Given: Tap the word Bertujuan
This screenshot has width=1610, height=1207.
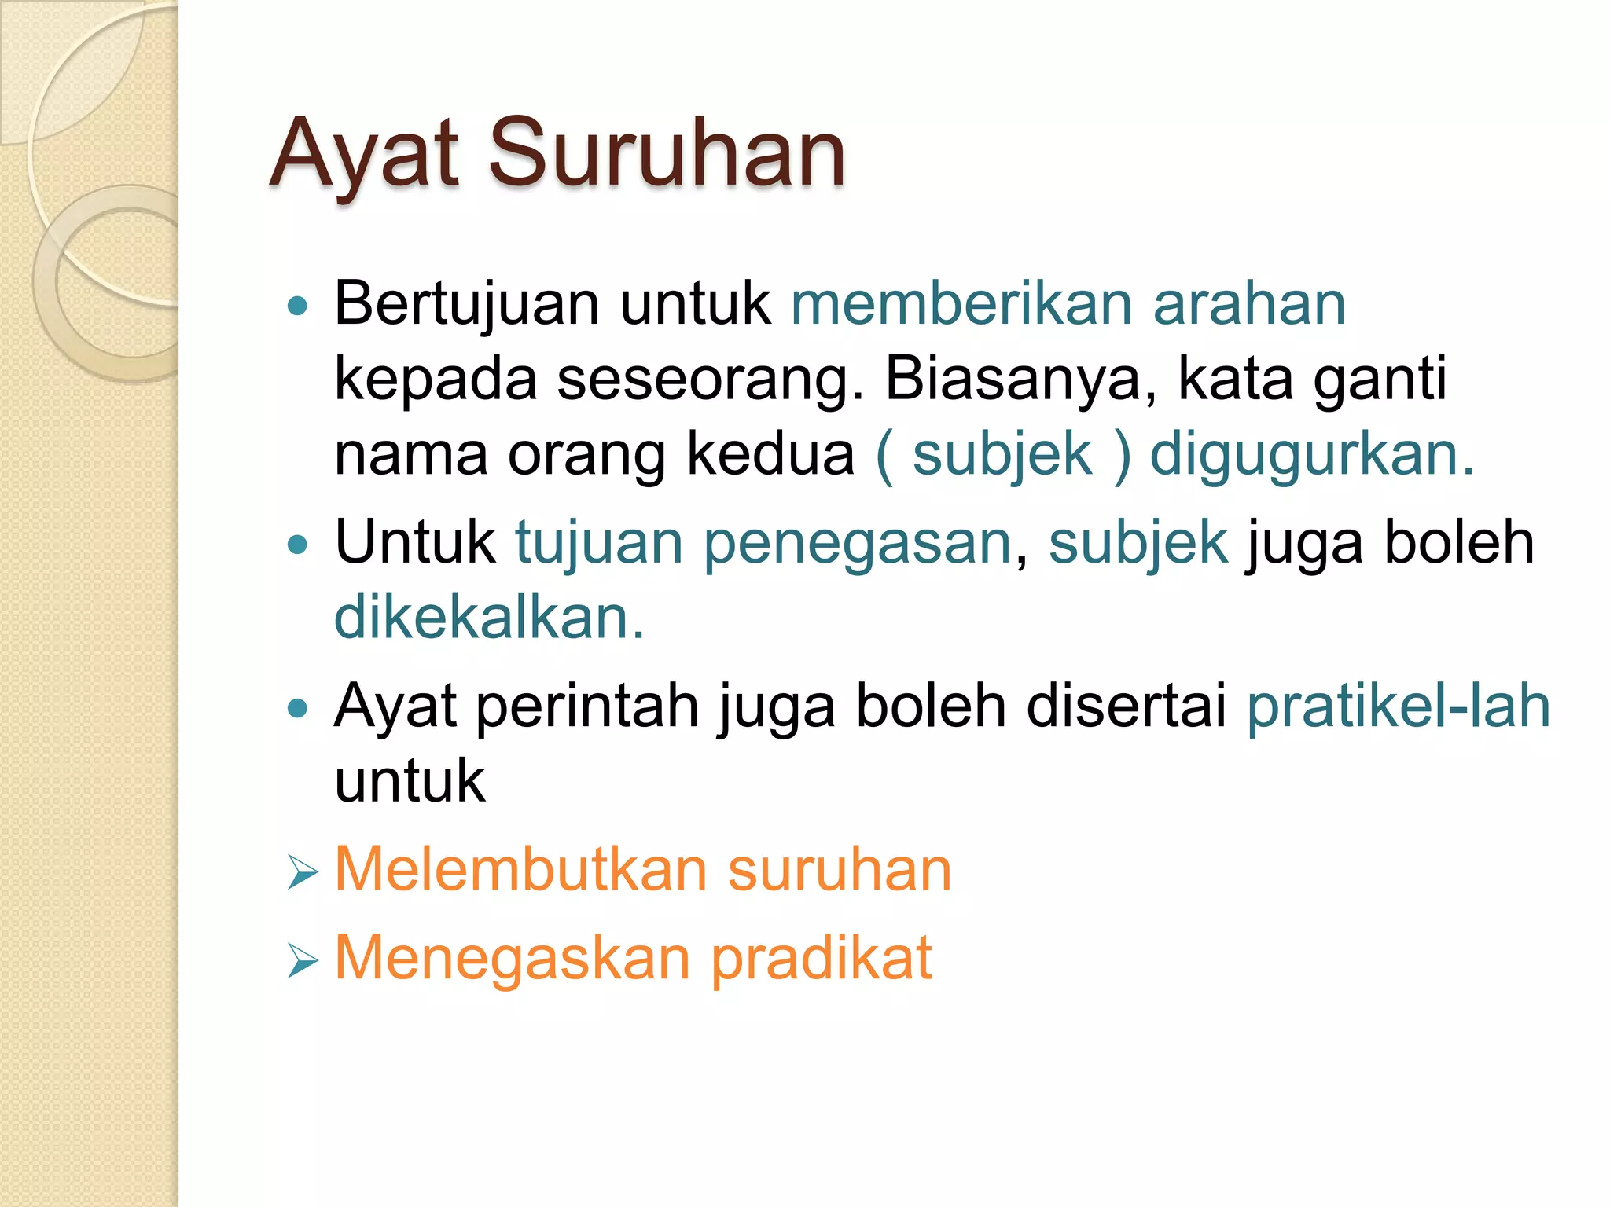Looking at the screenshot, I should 467,303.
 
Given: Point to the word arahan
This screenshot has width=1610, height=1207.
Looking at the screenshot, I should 1249,303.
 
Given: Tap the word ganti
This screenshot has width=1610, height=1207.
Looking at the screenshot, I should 1380,380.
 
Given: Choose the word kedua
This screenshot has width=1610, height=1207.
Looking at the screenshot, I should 770,454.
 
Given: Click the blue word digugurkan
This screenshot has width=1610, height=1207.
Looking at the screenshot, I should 1311,454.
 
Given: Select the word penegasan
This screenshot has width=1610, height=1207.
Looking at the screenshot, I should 858,542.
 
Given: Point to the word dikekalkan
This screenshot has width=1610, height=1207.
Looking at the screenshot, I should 488,618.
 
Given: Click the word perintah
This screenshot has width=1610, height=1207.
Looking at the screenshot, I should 587,706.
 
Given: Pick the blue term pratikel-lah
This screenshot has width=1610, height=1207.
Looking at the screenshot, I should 1399,706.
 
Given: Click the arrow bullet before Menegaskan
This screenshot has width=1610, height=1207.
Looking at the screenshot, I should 302,960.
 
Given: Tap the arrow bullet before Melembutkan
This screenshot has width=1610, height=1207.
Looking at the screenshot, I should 302,872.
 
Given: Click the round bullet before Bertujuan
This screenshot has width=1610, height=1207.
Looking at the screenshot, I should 298,306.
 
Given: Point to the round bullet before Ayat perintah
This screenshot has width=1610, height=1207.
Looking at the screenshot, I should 298,708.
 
